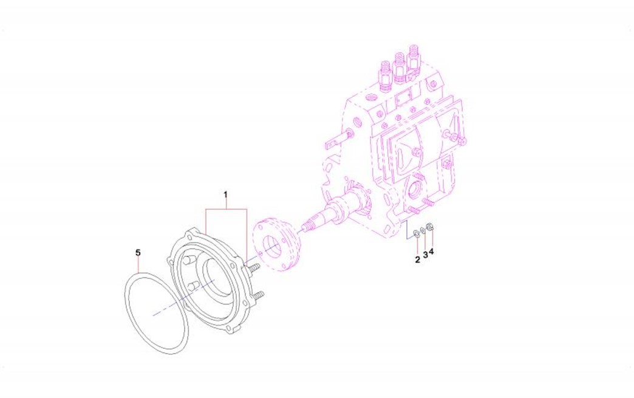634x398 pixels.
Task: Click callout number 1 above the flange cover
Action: point(226,194)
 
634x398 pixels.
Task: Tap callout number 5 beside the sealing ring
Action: point(138,253)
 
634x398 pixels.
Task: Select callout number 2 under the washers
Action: point(417,260)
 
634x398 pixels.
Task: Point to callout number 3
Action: point(425,255)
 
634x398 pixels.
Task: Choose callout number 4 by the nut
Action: point(431,251)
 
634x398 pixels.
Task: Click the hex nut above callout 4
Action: point(430,227)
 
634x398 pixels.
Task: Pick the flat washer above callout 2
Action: point(416,234)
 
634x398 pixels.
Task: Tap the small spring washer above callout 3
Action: point(423,230)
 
